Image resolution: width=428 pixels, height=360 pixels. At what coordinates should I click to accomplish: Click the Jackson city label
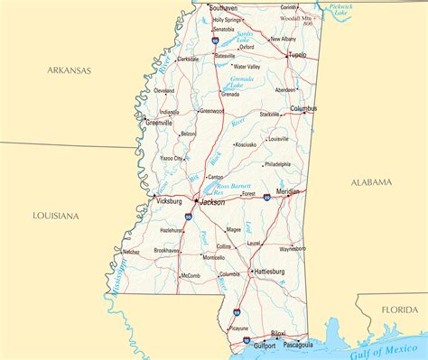pos(212,202)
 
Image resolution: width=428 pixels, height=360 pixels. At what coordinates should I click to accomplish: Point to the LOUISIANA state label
pos(55,216)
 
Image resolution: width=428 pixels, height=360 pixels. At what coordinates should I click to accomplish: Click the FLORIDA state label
pos(399,309)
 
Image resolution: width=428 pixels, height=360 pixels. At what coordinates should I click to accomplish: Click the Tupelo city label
pos(296,55)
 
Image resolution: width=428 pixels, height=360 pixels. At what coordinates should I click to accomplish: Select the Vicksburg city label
pos(169,202)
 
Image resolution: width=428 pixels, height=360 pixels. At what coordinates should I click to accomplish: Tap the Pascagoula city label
pos(297,345)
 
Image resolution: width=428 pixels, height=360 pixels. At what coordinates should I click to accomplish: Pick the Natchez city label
pos(131,252)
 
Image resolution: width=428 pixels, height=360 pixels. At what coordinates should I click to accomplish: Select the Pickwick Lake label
pos(340,11)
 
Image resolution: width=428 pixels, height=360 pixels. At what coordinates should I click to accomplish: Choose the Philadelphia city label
pos(277,164)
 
